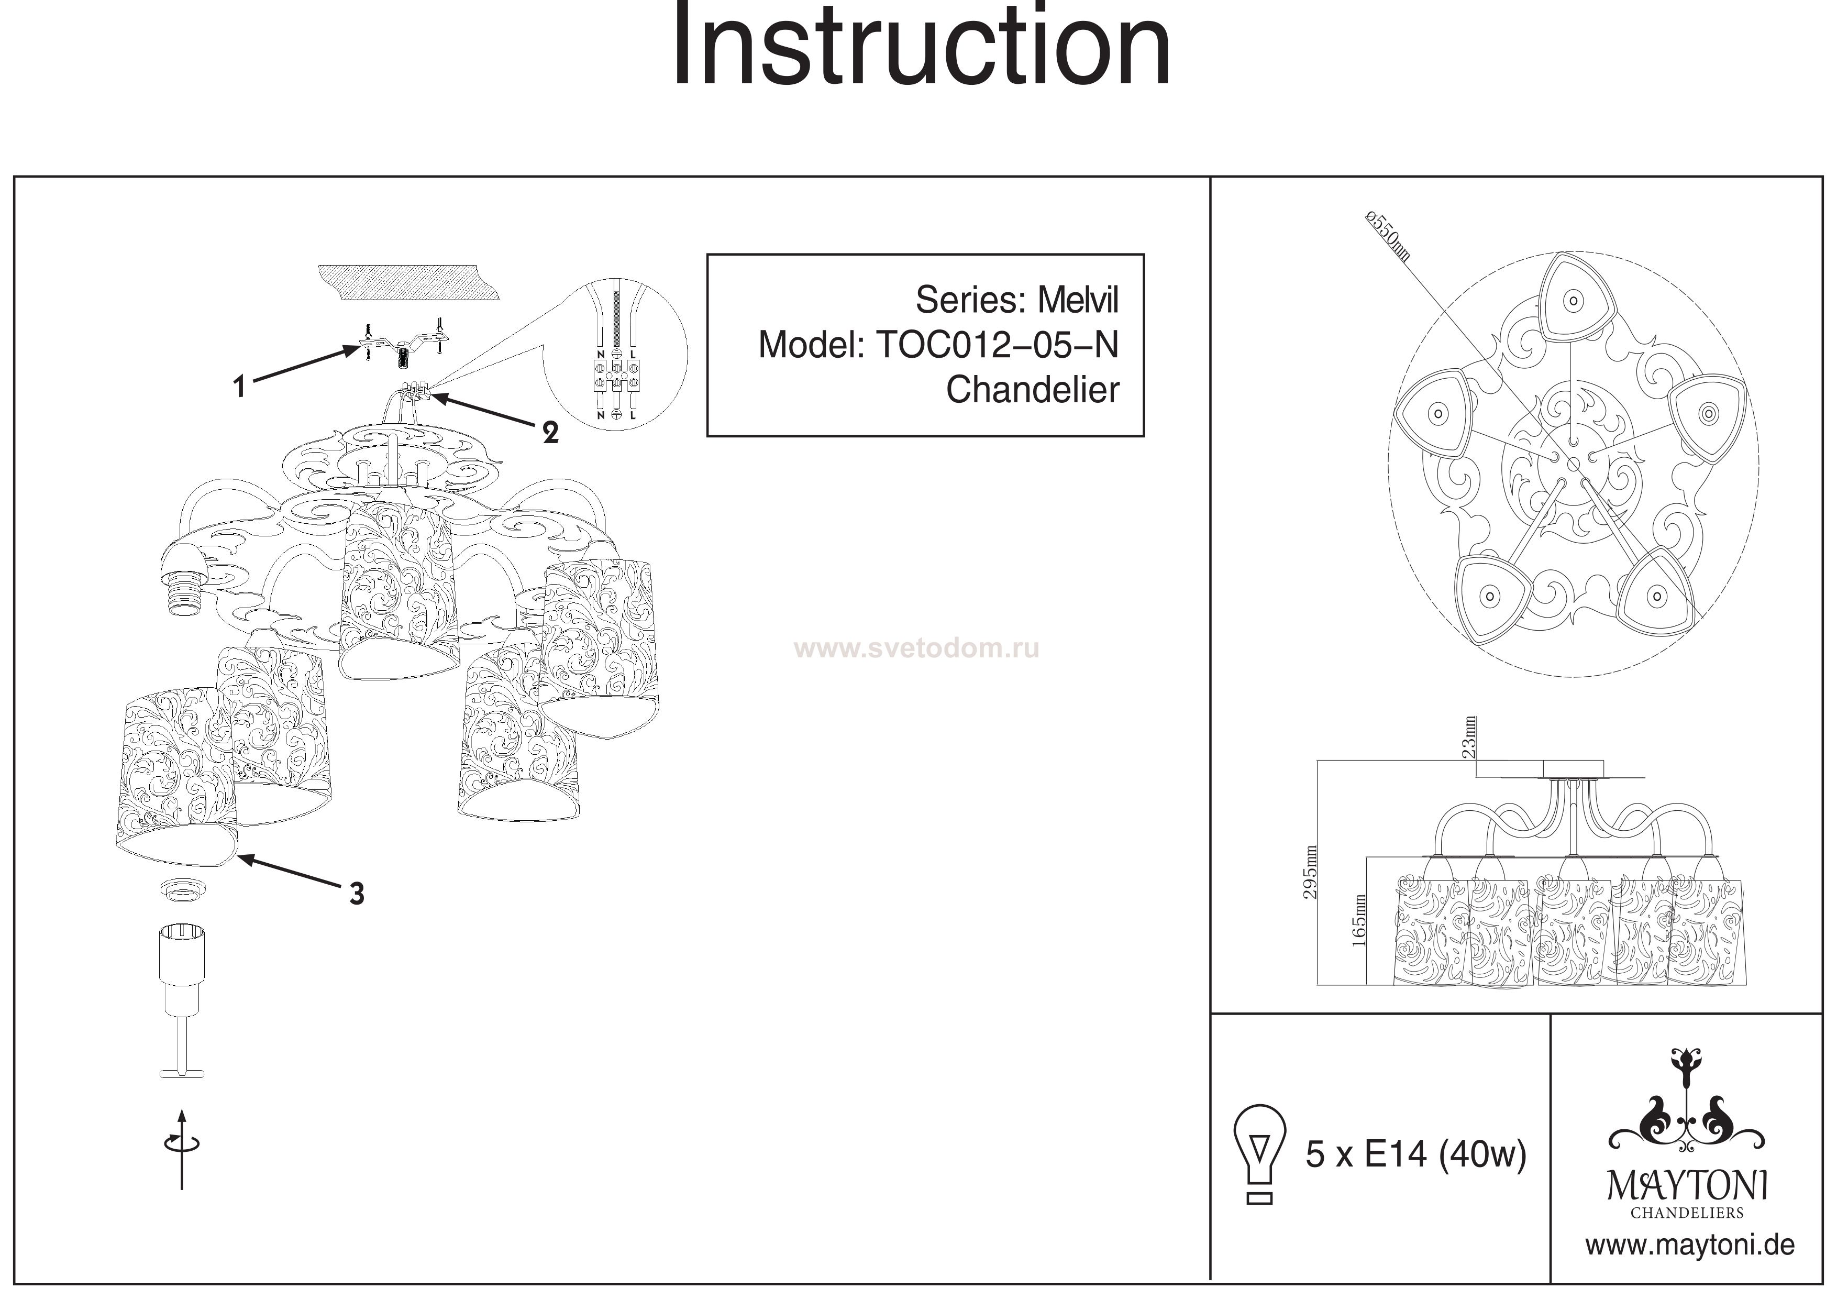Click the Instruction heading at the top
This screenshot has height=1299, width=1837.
(x=920, y=47)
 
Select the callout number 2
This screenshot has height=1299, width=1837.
(x=550, y=433)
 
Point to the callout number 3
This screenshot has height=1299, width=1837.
(x=357, y=893)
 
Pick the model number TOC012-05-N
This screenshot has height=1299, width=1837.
(x=997, y=346)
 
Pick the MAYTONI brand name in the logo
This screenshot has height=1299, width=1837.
(x=1687, y=1186)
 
